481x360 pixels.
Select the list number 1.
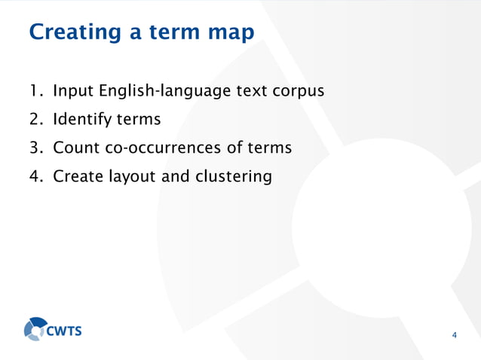pyautogui.click(x=33, y=92)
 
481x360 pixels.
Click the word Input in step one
pyautogui.click(x=73, y=92)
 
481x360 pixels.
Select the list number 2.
pyautogui.click(x=34, y=121)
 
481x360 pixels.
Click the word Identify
pyautogui.click(x=80, y=121)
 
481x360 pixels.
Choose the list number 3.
pyautogui.click(x=34, y=148)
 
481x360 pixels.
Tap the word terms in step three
pyautogui.click(x=266, y=148)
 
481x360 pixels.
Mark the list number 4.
pyautogui.click(x=34, y=177)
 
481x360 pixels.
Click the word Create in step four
pyautogui.click(x=78, y=177)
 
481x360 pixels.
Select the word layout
pyautogui.click(x=133, y=178)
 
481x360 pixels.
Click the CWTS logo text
pyautogui.click(x=66, y=330)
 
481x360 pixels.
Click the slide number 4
pyautogui.click(x=454, y=334)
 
